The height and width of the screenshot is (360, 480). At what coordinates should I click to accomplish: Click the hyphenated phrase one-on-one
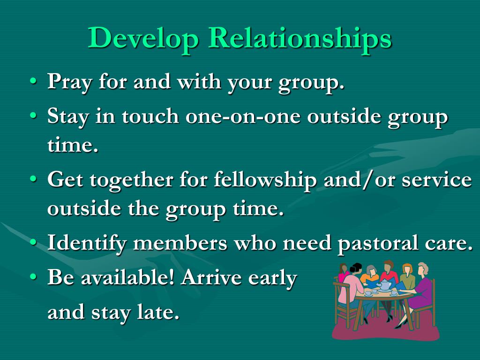pos(243,116)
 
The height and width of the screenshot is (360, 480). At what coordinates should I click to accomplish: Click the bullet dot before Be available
pos(33,277)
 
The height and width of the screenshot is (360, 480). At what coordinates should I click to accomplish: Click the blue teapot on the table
pos(386,285)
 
